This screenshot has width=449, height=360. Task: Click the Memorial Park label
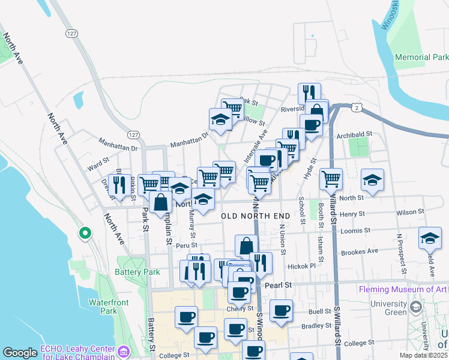(x=421, y=58)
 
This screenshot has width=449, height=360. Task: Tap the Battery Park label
(x=137, y=272)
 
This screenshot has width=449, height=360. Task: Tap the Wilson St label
(x=410, y=212)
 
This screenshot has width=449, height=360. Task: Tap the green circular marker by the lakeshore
(x=85, y=233)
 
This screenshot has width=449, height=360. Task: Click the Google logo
(x=20, y=353)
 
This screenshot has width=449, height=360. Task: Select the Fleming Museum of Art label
(x=403, y=289)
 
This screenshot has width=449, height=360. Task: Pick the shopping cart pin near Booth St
(x=331, y=178)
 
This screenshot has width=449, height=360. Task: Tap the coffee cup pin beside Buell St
(x=281, y=310)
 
